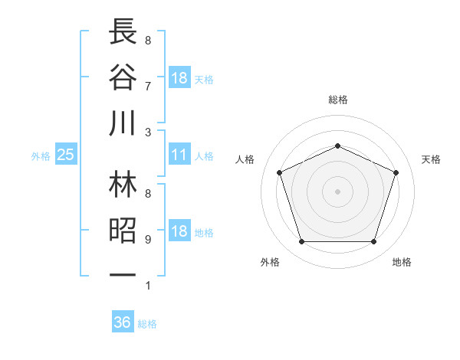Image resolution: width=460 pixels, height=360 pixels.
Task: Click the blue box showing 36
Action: [123, 322]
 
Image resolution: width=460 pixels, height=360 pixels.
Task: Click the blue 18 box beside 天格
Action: [179, 78]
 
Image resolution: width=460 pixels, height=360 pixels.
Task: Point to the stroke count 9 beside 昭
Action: [148, 240]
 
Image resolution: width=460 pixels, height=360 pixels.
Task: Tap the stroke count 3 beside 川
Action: [148, 132]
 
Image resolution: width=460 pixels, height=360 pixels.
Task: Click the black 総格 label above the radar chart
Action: [338, 100]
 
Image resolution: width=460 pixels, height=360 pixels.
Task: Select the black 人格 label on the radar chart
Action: [245, 159]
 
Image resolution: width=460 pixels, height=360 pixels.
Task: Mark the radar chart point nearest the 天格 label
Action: [396, 172]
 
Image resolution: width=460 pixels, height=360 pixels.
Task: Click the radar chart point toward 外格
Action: [301, 242]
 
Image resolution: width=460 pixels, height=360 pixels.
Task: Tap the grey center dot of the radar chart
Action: [337, 191]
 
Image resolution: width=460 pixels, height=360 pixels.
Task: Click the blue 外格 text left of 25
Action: [41, 156]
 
